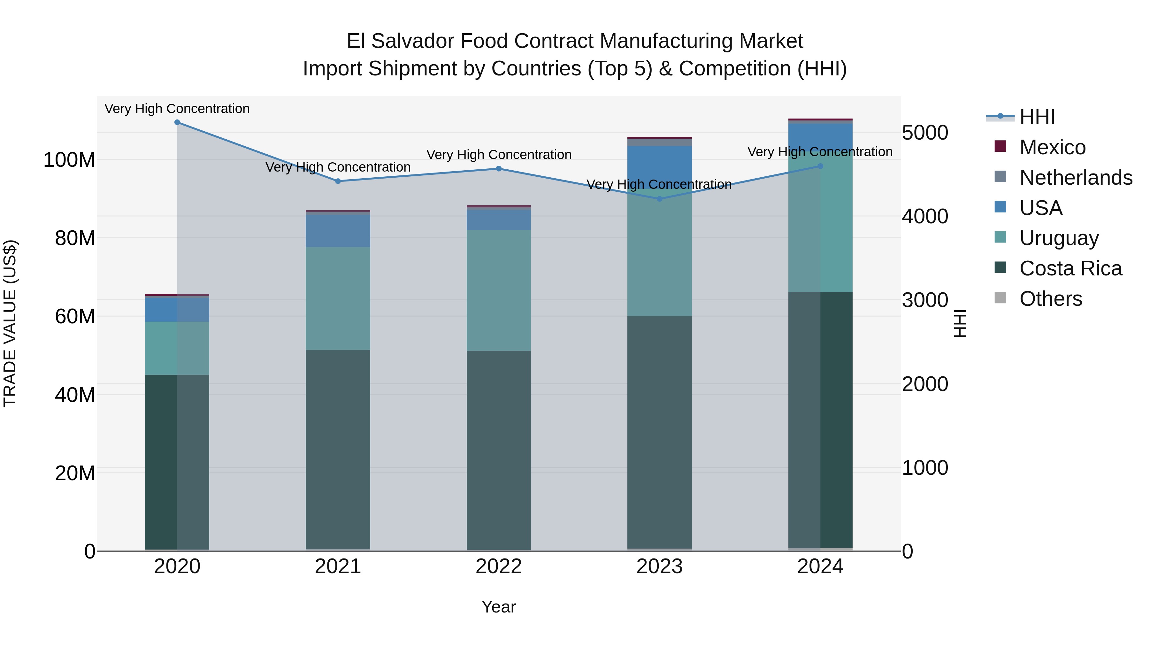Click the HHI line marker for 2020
[177, 122]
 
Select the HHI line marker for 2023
[659, 199]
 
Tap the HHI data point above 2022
[499, 169]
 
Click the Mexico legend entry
[1052, 147]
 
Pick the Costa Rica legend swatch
[1000, 268]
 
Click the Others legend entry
[1050, 299]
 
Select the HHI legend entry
[1037, 117]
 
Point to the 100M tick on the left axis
[69, 160]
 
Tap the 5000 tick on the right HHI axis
[925, 133]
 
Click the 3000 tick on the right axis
[925, 301]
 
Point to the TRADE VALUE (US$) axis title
[10, 323]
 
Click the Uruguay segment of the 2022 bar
[499, 290]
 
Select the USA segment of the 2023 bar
[659, 167]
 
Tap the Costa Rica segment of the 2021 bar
[338, 449]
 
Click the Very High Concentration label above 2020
[177, 109]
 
